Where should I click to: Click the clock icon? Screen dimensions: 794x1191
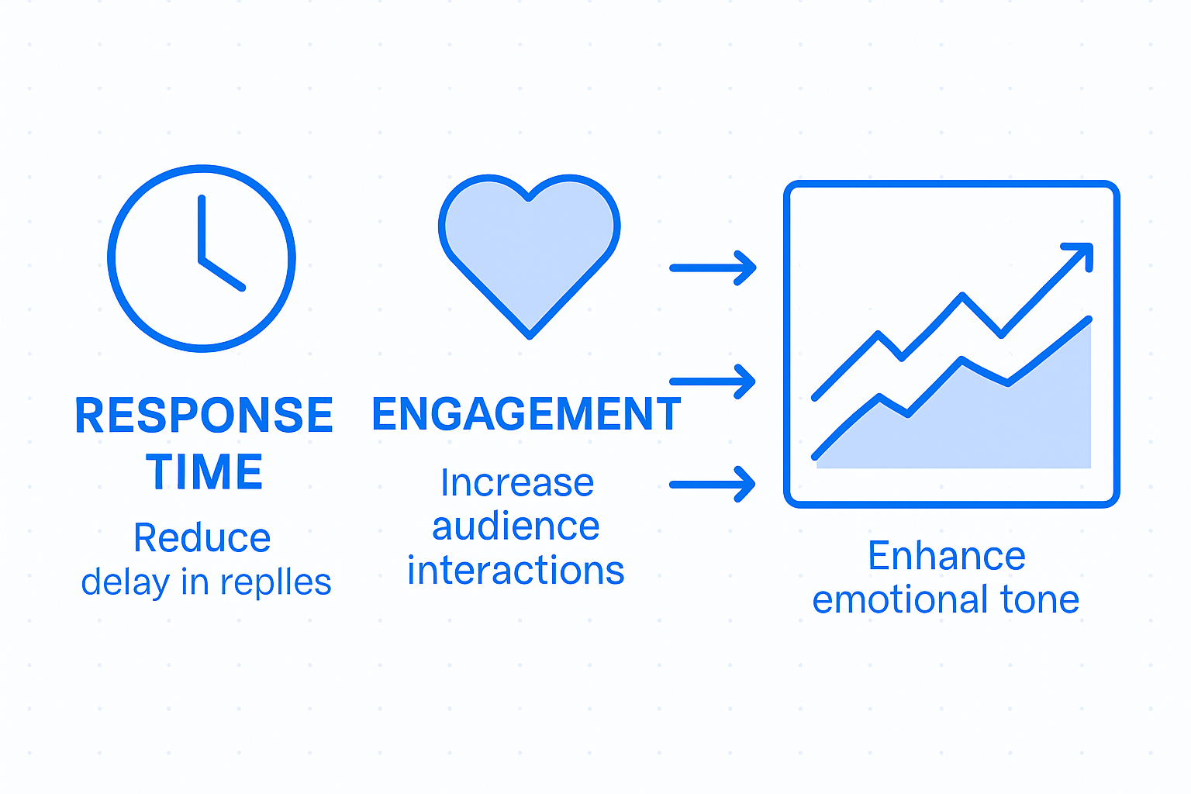point(202,258)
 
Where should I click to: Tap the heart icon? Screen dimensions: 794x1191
point(529,248)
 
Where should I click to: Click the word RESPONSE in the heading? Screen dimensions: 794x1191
point(204,416)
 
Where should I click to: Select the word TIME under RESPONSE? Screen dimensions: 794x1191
point(205,472)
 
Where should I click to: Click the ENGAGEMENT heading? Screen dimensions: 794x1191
point(526,414)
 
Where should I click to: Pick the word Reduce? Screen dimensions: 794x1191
point(202,538)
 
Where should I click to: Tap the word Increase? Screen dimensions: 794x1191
point(517,483)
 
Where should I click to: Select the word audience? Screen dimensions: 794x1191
point(516,527)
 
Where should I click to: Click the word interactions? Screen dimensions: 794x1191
point(516,571)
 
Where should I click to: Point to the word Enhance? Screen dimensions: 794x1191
point(947,556)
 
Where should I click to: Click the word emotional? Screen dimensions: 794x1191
point(900,600)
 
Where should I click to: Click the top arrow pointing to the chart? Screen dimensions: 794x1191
point(713,268)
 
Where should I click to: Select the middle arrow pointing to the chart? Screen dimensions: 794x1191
point(713,381)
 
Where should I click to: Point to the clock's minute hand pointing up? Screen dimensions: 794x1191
point(202,226)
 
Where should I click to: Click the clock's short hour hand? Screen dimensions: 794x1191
point(223,274)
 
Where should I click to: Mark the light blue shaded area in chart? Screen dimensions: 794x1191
point(1008,426)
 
